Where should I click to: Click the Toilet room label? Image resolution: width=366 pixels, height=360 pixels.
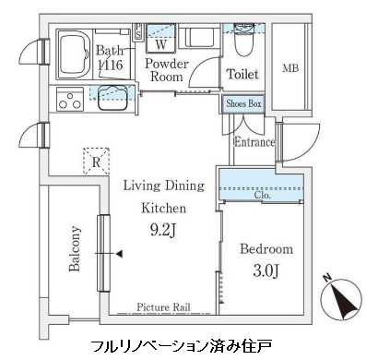[242, 74]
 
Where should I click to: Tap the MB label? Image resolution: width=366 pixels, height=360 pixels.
[290, 68]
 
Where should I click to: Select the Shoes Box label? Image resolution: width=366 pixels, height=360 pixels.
[243, 103]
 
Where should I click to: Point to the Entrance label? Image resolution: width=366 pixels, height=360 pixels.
[254, 142]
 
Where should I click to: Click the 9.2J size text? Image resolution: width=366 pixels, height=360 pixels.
[163, 230]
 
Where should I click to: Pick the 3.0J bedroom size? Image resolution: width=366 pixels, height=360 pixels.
[266, 270]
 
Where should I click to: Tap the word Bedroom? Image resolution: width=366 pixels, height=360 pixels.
[266, 248]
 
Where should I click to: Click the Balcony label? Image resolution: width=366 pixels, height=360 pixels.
[74, 248]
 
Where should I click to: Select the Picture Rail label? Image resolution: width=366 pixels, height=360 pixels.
[163, 306]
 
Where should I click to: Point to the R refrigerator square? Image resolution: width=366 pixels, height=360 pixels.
[96, 162]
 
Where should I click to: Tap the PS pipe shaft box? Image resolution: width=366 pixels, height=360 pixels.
[137, 31]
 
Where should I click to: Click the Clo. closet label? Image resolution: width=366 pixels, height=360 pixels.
[263, 195]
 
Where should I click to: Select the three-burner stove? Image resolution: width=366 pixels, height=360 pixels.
[70, 99]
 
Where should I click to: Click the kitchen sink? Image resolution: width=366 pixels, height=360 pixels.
[112, 98]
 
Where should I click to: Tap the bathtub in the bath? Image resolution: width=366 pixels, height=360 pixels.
[74, 54]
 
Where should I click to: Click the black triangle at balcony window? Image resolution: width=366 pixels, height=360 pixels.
[119, 254]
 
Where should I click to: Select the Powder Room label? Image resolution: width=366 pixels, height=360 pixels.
[166, 70]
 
